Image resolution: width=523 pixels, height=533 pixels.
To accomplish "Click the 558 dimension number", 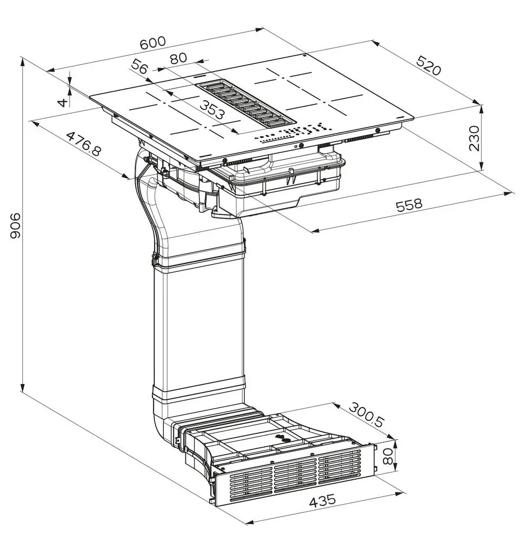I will (409, 205).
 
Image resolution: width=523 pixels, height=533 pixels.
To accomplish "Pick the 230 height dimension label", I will (474, 138).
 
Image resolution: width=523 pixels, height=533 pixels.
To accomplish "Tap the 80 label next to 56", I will (178, 58).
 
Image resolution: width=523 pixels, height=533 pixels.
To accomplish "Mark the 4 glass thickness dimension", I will (62, 102).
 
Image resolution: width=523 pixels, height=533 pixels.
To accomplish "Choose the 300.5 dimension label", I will (366, 414).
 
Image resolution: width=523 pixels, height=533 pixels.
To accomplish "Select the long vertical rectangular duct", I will (198, 326).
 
